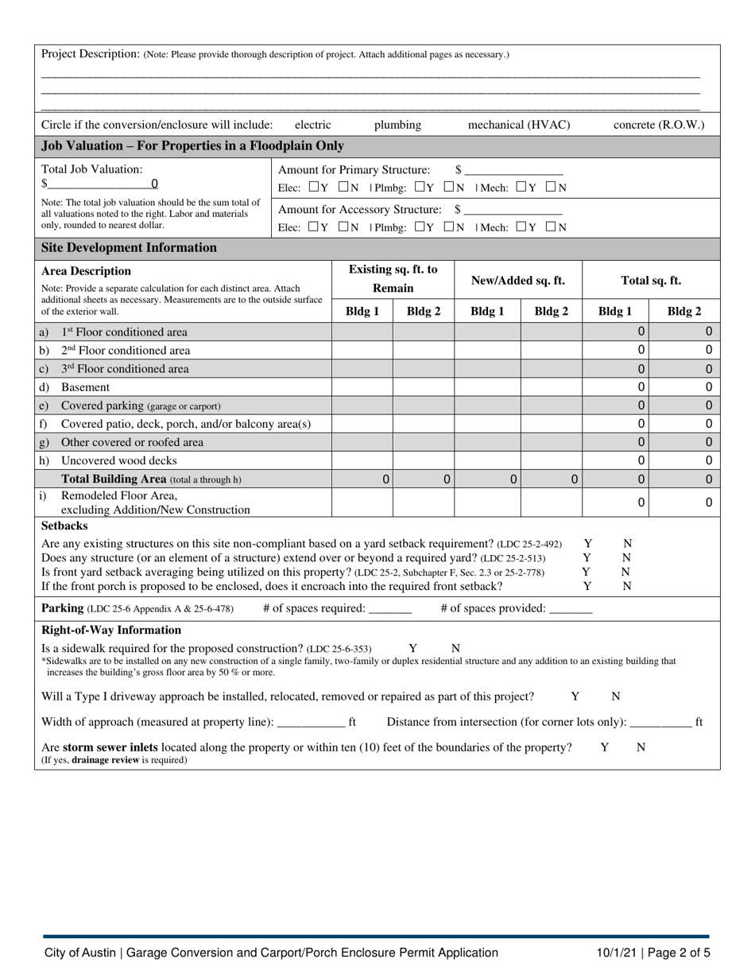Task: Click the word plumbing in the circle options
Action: pos(397,125)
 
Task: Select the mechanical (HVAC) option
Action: pos(519,125)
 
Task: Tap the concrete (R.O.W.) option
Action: pos(659,125)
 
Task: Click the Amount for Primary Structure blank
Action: pos(514,170)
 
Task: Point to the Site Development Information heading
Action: pos(129,248)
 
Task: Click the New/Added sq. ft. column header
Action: pos(518,280)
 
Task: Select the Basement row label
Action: pos(85,387)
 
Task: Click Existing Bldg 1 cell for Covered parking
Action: pos(362,406)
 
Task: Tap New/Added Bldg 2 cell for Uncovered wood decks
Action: pos(552,460)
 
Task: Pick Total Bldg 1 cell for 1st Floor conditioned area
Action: pos(616,332)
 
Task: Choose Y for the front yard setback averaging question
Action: pos(586,572)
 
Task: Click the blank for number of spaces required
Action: pos(390,609)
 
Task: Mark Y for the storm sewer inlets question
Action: pos(604,747)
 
